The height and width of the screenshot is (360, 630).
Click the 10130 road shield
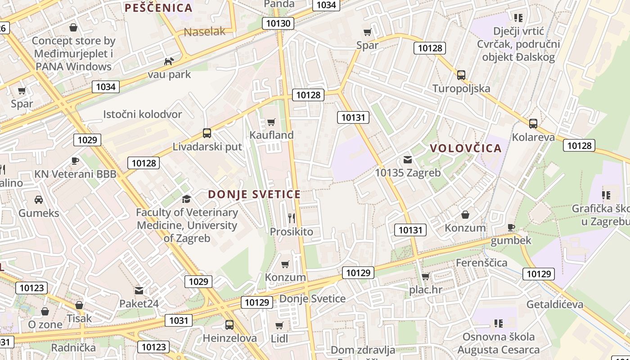(279, 23)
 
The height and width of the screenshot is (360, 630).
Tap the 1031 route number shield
(179, 320)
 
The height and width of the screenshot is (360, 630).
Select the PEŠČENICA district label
(158, 8)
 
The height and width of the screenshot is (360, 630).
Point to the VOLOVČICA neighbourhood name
(465, 148)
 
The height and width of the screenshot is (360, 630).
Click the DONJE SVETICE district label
(254, 194)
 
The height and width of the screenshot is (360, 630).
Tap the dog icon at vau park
(169, 61)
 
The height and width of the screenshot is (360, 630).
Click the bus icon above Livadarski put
(207, 133)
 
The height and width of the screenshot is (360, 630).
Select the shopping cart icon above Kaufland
(271, 122)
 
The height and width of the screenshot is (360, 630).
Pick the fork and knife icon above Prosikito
(292, 218)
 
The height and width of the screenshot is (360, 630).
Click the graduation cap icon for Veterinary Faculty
(186, 199)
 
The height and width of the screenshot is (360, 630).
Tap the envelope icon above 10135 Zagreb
(408, 159)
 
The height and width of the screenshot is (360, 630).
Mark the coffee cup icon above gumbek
(511, 227)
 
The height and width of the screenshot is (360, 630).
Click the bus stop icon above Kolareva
(533, 123)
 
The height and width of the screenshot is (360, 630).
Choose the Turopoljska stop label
(461, 88)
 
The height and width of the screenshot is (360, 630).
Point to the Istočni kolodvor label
(143, 114)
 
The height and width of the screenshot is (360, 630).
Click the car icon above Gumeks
(39, 199)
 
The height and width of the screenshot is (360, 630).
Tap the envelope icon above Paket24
(139, 291)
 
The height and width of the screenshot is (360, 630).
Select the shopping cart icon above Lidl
(279, 325)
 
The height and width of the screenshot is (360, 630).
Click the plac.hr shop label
(426, 289)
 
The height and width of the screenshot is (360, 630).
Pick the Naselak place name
(205, 31)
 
